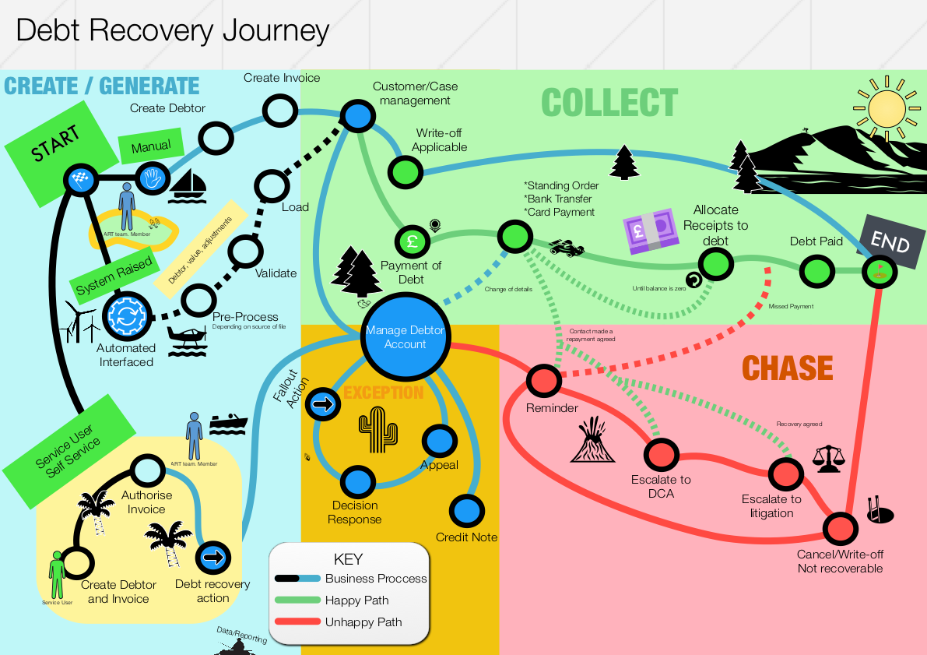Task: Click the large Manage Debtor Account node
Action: tap(405, 338)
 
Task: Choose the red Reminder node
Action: tap(543, 381)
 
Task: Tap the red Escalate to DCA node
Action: tap(661, 454)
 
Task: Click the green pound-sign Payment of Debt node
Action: tap(412, 241)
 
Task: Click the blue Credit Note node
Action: tap(466, 511)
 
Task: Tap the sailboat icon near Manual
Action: tap(187, 184)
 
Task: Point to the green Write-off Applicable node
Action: tap(404, 171)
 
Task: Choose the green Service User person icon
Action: tap(56, 575)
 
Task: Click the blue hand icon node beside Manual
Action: tap(151, 178)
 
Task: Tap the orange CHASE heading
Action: tap(787, 368)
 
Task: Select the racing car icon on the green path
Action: tap(567, 249)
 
